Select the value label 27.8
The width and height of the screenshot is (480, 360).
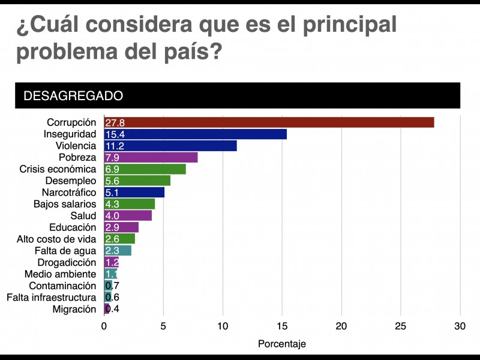click(x=115, y=123)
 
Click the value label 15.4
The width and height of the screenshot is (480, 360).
click(x=115, y=134)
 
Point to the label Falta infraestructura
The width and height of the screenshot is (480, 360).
click(x=51, y=298)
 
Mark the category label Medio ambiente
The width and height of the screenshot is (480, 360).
click(x=60, y=274)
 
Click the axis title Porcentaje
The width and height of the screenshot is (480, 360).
click(x=282, y=344)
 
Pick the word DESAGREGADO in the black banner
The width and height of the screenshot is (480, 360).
click(x=73, y=95)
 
